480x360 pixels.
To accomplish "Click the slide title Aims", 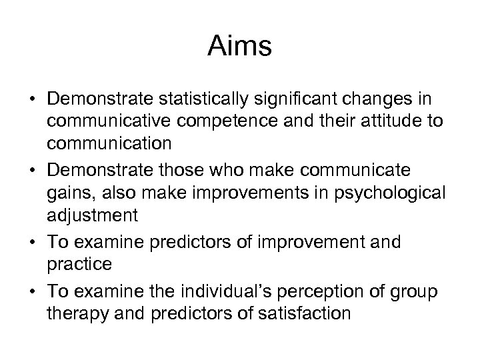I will (239, 46).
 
